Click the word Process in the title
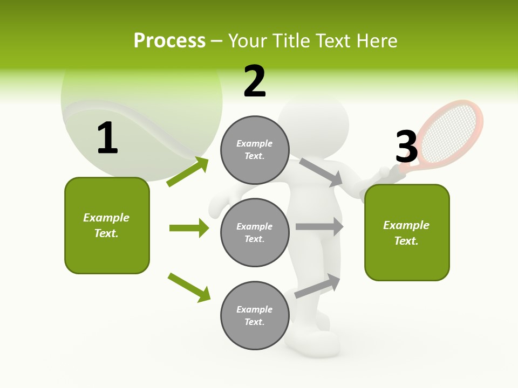click(x=169, y=41)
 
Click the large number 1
click(x=107, y=138)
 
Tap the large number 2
click(x=255, y=81)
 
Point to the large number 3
click(x=407, y=147)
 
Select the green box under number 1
click(x=107, y=225)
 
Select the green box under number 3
click(x=407, y=232)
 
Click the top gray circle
click(x=255, y=150)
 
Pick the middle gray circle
click(x=255, y=232)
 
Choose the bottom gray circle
click(x=255, y=315)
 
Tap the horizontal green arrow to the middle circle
click(x=189, y=228)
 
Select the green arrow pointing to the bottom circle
click(x=189, y=287)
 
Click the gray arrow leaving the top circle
click(x=321, y=172)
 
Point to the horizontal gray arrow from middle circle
click(x=319, y=226)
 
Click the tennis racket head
click(x=452, y=131)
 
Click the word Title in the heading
click(x=293, y=41)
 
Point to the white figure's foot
click(x=321, y=341)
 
